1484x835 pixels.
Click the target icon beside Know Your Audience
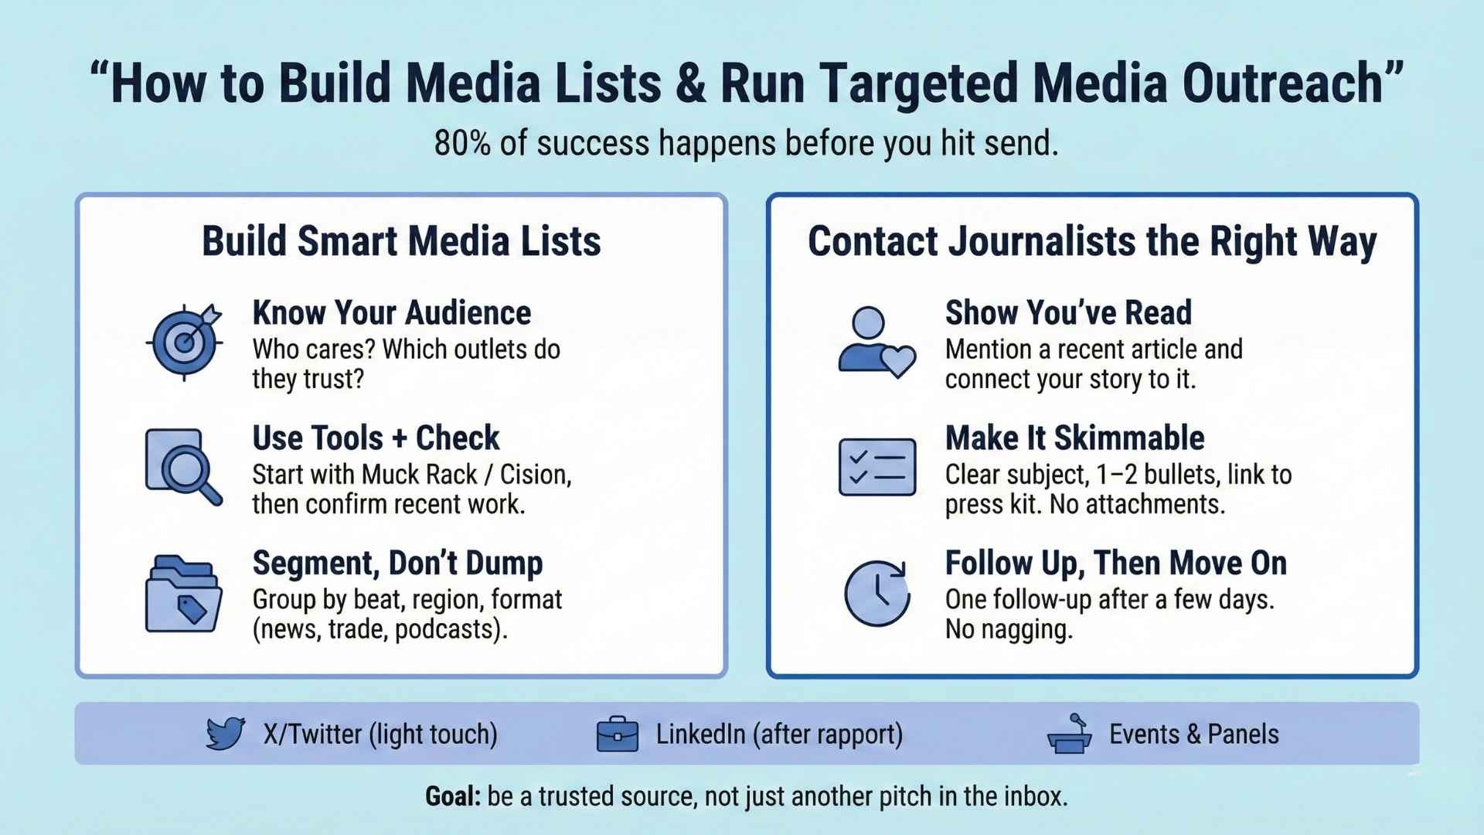[x=184, y=342]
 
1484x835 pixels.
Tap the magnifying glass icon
[x=184, y=467]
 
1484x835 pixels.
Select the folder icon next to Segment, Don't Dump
[x=183, y=594]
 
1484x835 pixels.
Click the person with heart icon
[x=876, y=343]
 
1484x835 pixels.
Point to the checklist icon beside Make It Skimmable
[x=877, y=467]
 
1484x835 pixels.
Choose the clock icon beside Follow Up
[x=877, y=593]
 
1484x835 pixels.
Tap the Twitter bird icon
[x=226, y=733]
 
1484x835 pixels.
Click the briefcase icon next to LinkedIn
[x=618, y=734]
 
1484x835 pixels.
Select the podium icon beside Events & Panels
[x=1070, y=733]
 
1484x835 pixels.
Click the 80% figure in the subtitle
[x=462, y=143]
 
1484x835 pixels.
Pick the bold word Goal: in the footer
[x=453, y=796]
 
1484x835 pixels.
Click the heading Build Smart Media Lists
[x=401, y=241]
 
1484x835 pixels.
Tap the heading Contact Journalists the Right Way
[x=1092, y=242]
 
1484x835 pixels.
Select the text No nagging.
[x=1009, y=629]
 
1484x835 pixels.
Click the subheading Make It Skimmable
[x=1074, y=438]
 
